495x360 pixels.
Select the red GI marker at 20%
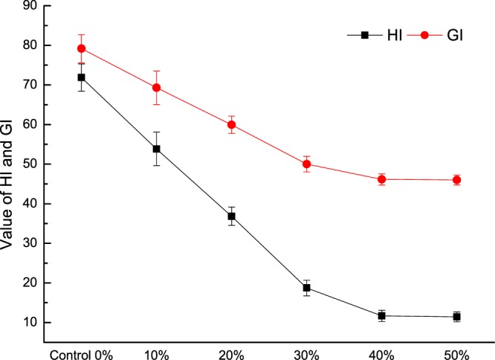click(x=231, y=124)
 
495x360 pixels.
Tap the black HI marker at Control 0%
click(x=81, y=77)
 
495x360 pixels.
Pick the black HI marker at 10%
click(x=156, y=149)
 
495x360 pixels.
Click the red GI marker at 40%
click(x=382, y=179)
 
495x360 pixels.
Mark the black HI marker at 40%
click(x=382, y=316)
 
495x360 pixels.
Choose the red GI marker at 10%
click(x=156, y=88)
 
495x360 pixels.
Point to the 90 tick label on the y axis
click(x=30, y=7)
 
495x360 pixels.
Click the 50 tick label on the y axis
click(x=30, y=164)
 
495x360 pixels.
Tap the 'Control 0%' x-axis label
click(x=81, y=352)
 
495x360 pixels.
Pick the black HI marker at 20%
click(x=231, y=216)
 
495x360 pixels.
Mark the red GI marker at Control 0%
click(x=81, y=48)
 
